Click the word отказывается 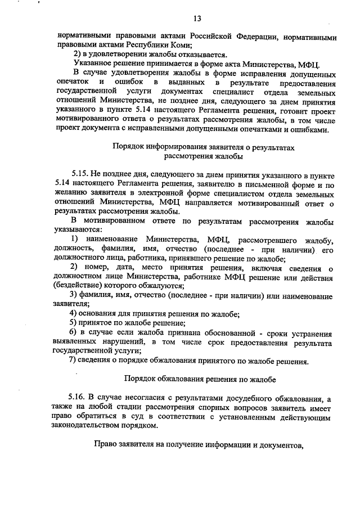pos(201,55)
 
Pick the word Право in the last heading pos(106,446)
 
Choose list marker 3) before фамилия pos(73,295)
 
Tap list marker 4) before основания pos(73,314)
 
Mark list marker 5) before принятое pos(73,323)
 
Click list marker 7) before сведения pos(73,360)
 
